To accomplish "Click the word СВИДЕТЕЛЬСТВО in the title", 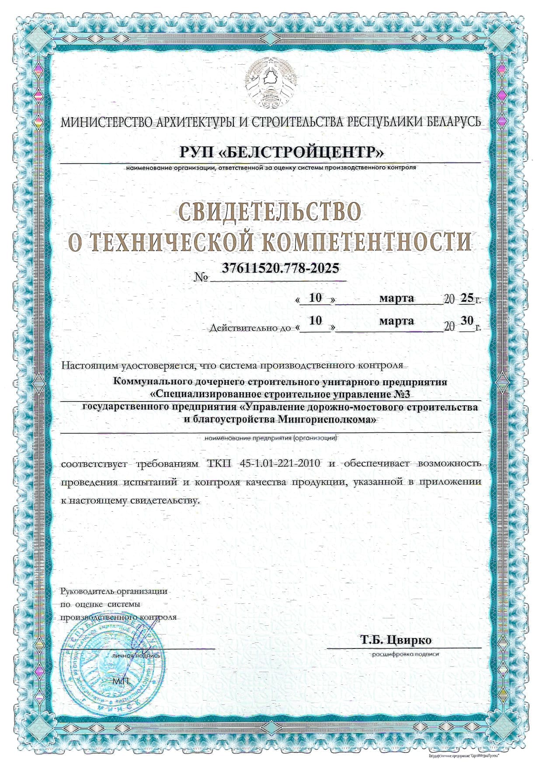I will point(271,212).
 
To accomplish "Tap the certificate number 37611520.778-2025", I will point(280,268).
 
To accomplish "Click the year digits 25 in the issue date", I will point(467,298).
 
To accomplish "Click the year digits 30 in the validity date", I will point(467,321).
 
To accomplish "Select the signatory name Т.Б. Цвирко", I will point(396,640).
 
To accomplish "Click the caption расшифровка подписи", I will point(405,655).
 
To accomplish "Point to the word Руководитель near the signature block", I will point(87,592).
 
